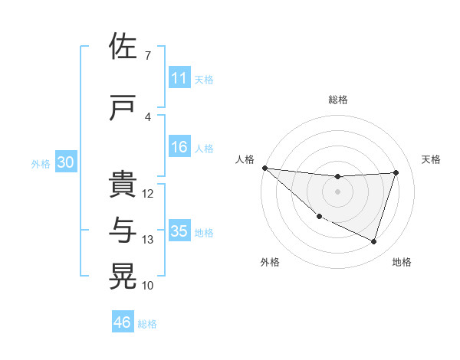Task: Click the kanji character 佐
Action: tap(123, 47)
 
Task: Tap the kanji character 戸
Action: tap(123, 108)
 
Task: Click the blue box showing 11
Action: tap(179, 78)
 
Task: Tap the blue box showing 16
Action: tap(179, 147)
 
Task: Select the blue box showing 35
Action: tap(179, 231)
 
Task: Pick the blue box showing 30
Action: tap(65, 162)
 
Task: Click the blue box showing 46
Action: tap(123, 322)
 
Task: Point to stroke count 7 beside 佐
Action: tap(147, 56)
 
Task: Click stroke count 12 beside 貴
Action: tap(148, 194)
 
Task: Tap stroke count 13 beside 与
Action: tap(148, 240)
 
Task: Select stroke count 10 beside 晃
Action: tap(148, 286)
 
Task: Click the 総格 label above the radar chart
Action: tap(337, 100)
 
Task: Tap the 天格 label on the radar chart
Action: tap(431, 159)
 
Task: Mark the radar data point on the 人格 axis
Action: tap(264, 168)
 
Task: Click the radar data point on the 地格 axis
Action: tap(373, 241)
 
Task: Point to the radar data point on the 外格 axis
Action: tap(320, 216)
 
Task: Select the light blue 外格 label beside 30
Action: tap(40, 163)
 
